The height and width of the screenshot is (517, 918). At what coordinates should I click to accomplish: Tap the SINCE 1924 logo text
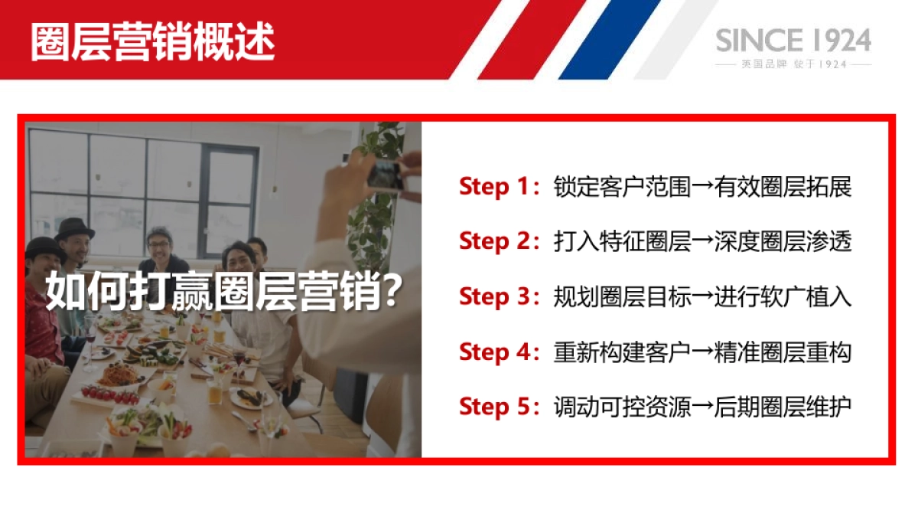793,40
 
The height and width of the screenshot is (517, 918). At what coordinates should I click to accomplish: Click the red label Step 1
494,186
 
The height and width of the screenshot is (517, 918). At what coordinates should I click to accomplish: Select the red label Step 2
494,241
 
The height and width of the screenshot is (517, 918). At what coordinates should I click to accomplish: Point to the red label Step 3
494,296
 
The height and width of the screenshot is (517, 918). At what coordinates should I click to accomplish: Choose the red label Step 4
494,352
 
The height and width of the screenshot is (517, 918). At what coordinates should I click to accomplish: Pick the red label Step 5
494,407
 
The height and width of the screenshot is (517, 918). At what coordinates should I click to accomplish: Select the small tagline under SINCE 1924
793,64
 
